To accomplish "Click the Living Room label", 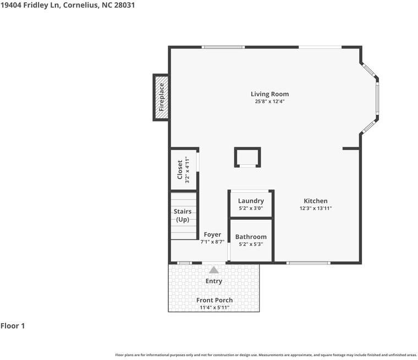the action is click(269, 94).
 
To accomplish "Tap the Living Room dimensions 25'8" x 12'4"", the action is click(269, 101).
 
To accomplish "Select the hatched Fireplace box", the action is click(161, 97).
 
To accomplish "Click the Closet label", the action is click(180, 169).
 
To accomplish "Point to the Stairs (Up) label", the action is click(183, 215).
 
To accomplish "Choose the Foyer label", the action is click(212, 235).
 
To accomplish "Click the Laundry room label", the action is click(251, 201).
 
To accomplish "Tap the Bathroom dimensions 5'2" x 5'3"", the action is click(251, 244).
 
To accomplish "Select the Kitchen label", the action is click(316, 201).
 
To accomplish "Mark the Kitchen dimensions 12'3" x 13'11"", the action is click(316, 208).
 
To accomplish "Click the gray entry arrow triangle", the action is click(214, 270).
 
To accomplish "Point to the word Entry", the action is click(214, 281).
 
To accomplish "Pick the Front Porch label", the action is click(215, 300).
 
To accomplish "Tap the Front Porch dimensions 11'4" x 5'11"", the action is click(215, 307).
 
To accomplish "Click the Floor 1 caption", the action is click(13, 325).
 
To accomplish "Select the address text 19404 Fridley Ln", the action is click(30, 5).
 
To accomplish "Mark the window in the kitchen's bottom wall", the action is click(309, 263).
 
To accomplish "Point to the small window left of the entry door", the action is click(184, 263).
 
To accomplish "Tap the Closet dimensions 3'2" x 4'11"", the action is click(187, 169).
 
